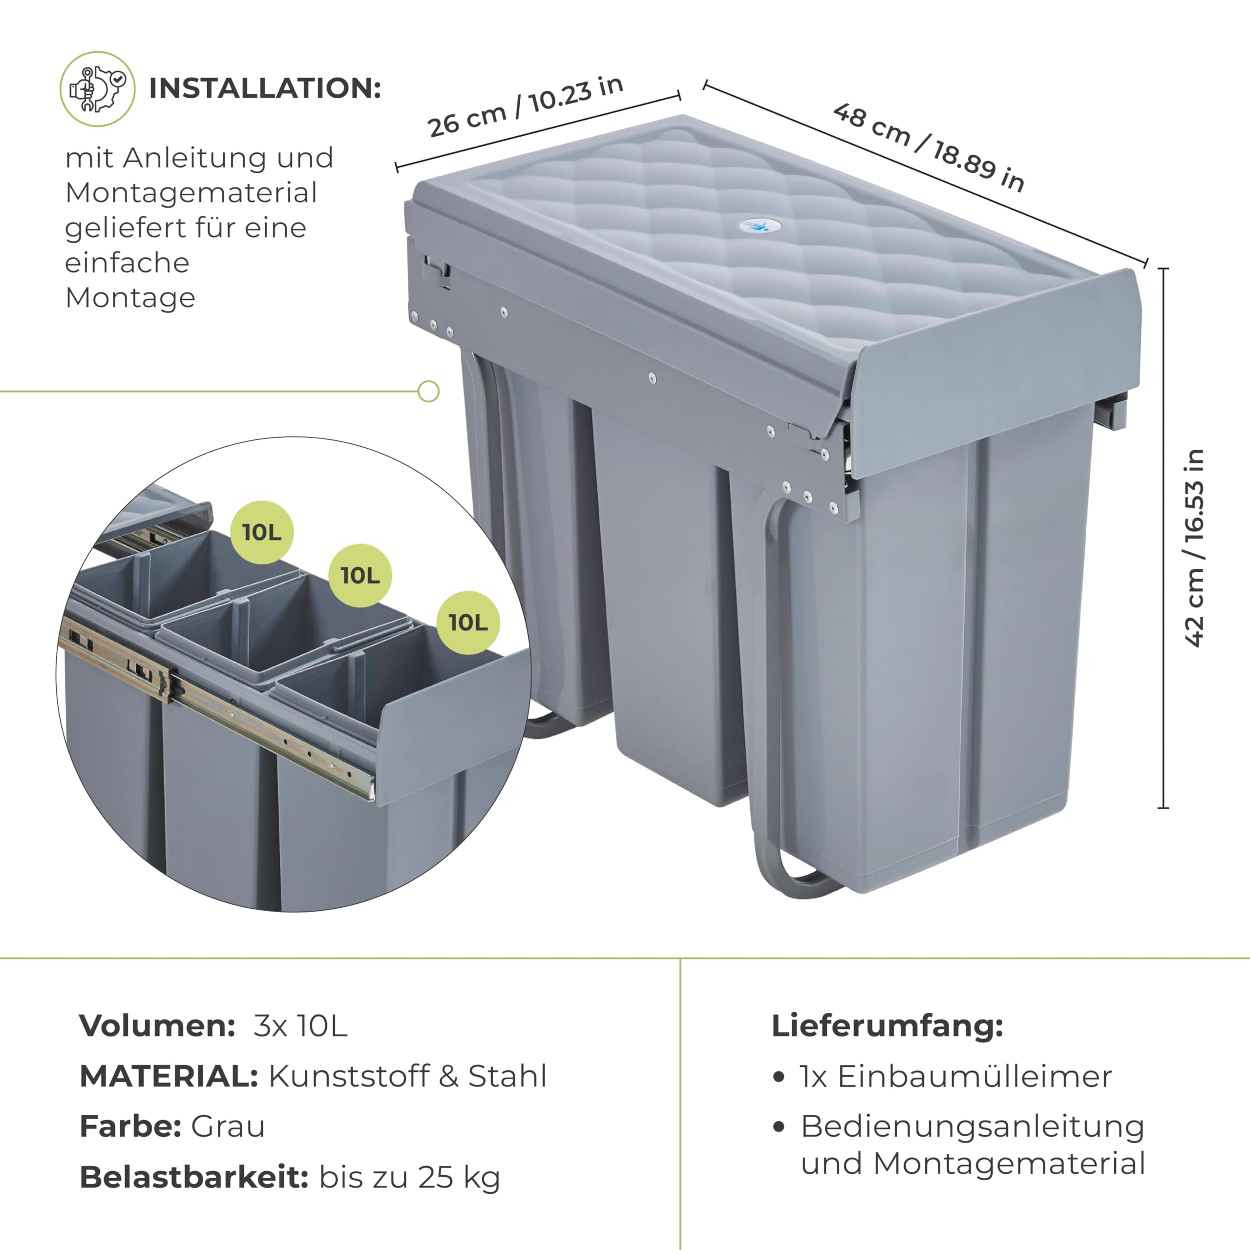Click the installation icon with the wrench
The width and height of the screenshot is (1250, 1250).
tap(98, 89)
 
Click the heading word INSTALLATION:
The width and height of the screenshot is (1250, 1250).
tap(265, 89)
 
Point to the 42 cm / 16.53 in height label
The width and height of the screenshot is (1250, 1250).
tap(1194, 547)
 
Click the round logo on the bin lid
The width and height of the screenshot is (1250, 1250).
tap(759, 226)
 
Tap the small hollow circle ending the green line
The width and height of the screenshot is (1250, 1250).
tap(428, 392)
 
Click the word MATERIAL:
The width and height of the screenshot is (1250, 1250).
tap(169, 1076)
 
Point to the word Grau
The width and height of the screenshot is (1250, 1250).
tap(228, 1126)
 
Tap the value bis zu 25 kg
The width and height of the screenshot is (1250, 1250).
tap(410, 1178)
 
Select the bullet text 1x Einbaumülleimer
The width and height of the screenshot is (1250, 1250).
tap(955, 1077)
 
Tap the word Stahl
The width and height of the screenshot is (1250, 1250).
tap(508, 1076)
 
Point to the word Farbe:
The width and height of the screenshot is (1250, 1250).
tap(130, 1126)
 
